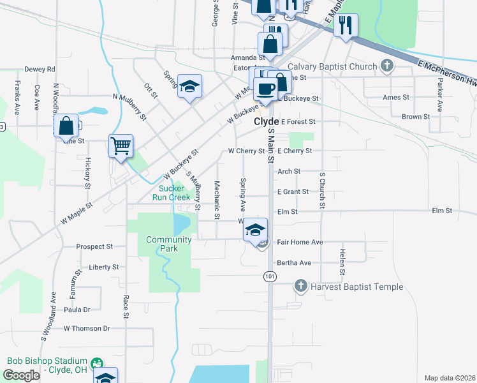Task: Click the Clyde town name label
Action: pyautogui.click(x=267, y=121)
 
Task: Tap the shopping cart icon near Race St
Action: pyautogui.click(x=121, y=146)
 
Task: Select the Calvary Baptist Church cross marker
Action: pyautogui.click(x=386, y=66)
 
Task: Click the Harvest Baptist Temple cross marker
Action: pyautogui.click(x=301, y=287)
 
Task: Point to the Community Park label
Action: pyautogui.click(x=168, y=244)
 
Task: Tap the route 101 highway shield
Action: pyautogui.click(x=269, y=275)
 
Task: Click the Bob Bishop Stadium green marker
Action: pyautogui.click(x=97, y=363)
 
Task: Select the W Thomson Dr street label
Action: pyautogui.click(x=87, y=328)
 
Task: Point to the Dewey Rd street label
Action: pyautogui.click(x=40, y=69)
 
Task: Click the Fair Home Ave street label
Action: pyautogui.click(x=300, y=243)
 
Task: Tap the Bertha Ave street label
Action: pyautogui.click(x=294, y=262)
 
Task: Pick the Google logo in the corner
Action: pyautogui.click(x=21, y=375)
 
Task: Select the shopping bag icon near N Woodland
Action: pyautogui.click(x=66, y=126)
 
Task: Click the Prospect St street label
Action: pyautogui.click(x=94, y=246)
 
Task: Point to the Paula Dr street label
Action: pyautogui.click(x=77, y=310)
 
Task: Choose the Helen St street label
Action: pyautogui.click(x=342, y=262)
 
